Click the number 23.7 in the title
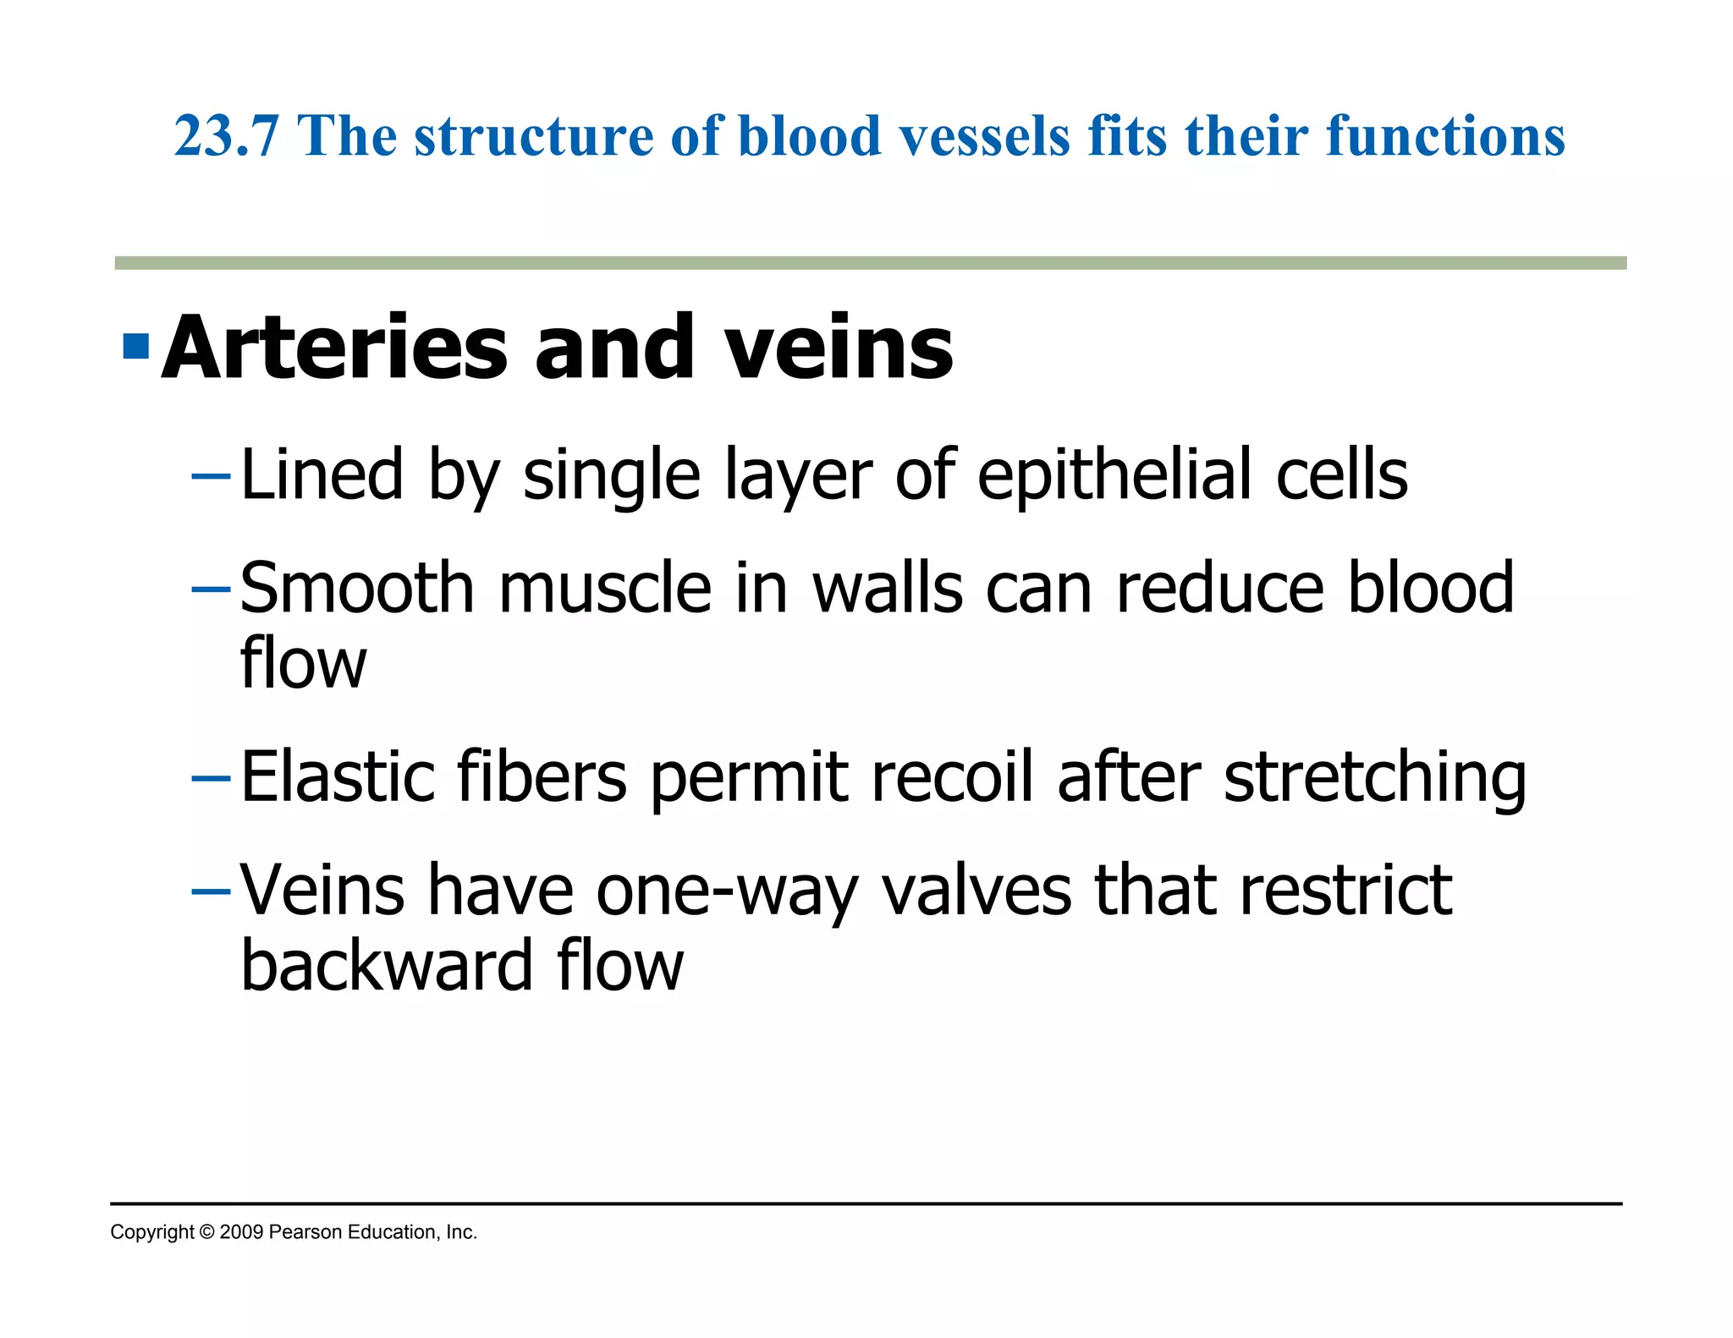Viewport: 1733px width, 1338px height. (226, 136)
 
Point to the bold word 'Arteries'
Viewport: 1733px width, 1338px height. (334, 348)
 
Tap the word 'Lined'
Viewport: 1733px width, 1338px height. (322, 475)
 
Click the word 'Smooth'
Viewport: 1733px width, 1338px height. (356, 588)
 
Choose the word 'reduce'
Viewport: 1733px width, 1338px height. (1219, 588)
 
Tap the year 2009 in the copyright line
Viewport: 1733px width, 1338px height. (241, 1232)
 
